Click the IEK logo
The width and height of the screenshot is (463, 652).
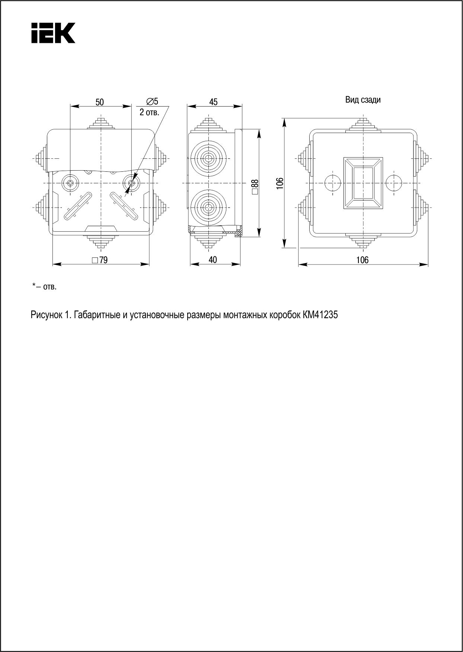pyautogui.click(x=53, y=33)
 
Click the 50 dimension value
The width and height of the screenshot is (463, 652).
pyautogui.click(x=100, y=102)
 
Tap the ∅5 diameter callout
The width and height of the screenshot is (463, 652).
pyautogui.click(x=152, y=101)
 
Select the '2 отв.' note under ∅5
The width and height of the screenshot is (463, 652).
pyautogui.click(x=150, y=112)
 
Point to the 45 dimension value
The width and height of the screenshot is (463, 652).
pyautogui.click(x=213, y=102)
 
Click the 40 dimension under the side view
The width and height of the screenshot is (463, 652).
pyautogui.click(x=213, y=260)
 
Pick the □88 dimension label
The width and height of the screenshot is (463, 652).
pyautogui.click(x=255, y=187)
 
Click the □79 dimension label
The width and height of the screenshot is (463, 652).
pyautogui.click(x=100, y=260)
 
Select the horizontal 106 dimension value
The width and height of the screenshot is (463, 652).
pyautogui.click(x=363, y=260)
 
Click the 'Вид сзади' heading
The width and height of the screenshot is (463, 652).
pyautogui.click(x=363, y=100)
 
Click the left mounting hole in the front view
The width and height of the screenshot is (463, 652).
pyautogui.click(x=70, y=183)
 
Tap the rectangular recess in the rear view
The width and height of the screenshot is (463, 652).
pyautogui.click(x=363, y=183)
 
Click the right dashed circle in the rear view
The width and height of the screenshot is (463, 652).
pyautogui.click(x=394, y=183)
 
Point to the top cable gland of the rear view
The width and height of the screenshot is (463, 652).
pyautogui.click(x=363, y=126)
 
